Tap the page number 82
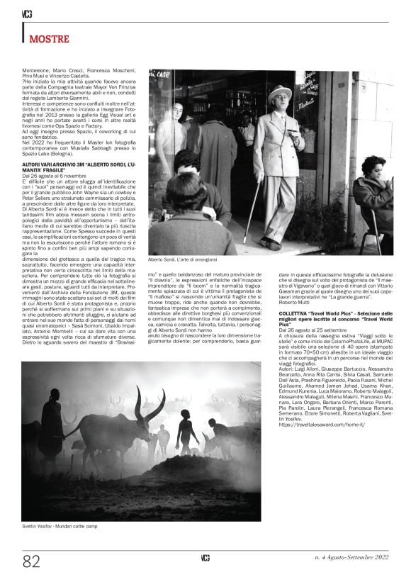31,561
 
